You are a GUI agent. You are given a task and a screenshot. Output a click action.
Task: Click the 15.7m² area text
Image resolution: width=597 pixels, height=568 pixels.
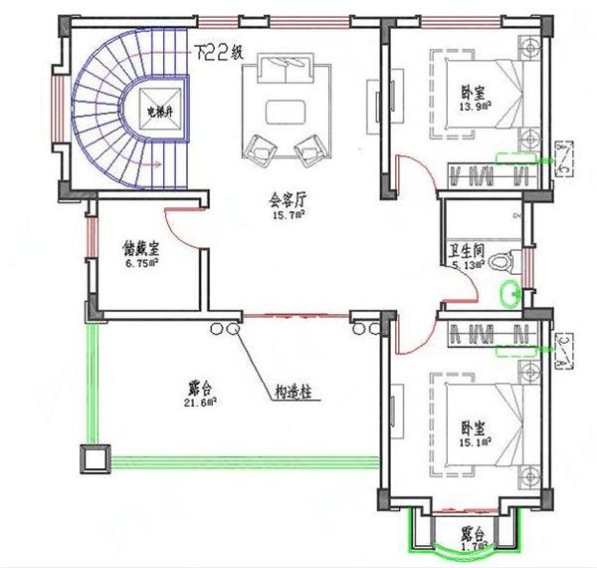tap(289, 213)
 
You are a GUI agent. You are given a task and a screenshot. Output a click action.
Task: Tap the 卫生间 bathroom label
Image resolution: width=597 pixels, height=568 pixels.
tap(467, 252)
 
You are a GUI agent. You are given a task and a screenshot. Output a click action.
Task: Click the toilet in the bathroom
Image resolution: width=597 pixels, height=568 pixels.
tap(502, 260)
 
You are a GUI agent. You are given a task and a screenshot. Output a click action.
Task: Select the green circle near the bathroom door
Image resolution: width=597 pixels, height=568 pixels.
tap(512, 293)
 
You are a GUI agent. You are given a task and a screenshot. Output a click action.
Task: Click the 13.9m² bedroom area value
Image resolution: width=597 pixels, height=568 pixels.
tap(474, 105)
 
